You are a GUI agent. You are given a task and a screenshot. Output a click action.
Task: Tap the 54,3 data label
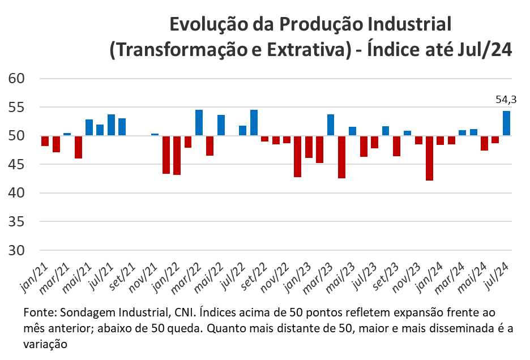click(506, 100)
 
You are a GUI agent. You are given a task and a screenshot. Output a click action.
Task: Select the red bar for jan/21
click(45, 141)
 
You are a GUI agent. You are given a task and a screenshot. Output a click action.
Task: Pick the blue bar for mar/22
click(199, 123)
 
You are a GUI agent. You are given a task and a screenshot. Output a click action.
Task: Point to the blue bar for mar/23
click(331, 125)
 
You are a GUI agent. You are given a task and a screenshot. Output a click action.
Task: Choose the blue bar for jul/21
click(111, 125)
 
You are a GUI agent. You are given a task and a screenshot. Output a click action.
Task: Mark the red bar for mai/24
click(484, 143)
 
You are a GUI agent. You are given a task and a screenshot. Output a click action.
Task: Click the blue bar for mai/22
click(221, 125)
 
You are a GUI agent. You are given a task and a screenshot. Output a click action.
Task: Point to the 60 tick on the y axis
click(17, 78)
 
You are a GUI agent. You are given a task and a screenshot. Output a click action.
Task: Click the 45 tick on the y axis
click(17, 164)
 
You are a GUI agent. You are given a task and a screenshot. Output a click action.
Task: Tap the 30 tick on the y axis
click(17, 250)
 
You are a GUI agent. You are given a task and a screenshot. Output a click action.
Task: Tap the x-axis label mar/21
click(57, 276)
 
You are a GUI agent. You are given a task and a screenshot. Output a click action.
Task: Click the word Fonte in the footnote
click(37, 313)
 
